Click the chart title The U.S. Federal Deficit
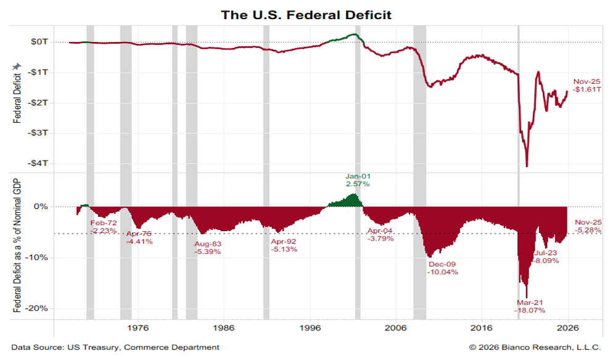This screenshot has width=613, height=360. [306, 15]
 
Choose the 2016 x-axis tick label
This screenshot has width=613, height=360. [481, 328]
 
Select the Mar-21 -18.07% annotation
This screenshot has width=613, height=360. [531, 306]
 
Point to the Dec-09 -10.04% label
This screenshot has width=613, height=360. [442, 268]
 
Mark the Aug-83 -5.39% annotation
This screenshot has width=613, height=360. [208, 248]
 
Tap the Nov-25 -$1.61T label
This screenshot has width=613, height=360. [587, 86]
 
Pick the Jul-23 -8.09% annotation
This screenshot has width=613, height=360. [546, 256]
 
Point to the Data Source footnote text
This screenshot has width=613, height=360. [115, 348]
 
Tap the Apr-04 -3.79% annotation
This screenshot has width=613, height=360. [379, 235]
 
